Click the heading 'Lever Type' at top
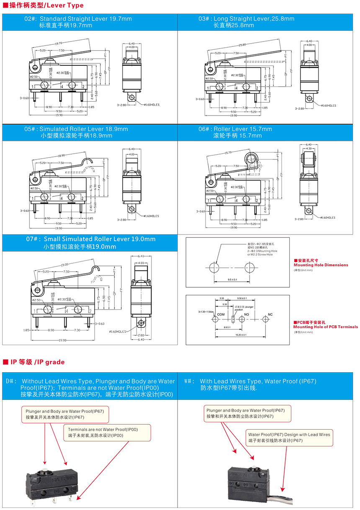click(65, 5)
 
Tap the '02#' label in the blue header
click(31, 19)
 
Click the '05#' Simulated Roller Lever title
click(76, 129)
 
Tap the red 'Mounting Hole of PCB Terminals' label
click(326, 327)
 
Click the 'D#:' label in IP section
click(11, 381)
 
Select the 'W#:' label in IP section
click(190, 381)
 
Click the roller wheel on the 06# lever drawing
click(251, 158)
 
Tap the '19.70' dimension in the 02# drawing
click(58, 43)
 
